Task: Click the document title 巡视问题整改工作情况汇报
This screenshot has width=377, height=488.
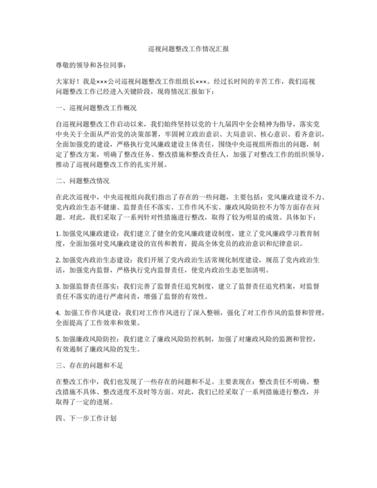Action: point(188,48)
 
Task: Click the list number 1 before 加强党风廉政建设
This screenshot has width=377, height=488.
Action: point(59,232)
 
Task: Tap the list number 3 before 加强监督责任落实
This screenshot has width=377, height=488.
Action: point(59,285)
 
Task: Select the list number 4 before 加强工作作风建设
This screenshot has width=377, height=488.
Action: point(59,312)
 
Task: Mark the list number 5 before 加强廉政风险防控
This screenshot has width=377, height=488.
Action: point(59,339)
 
